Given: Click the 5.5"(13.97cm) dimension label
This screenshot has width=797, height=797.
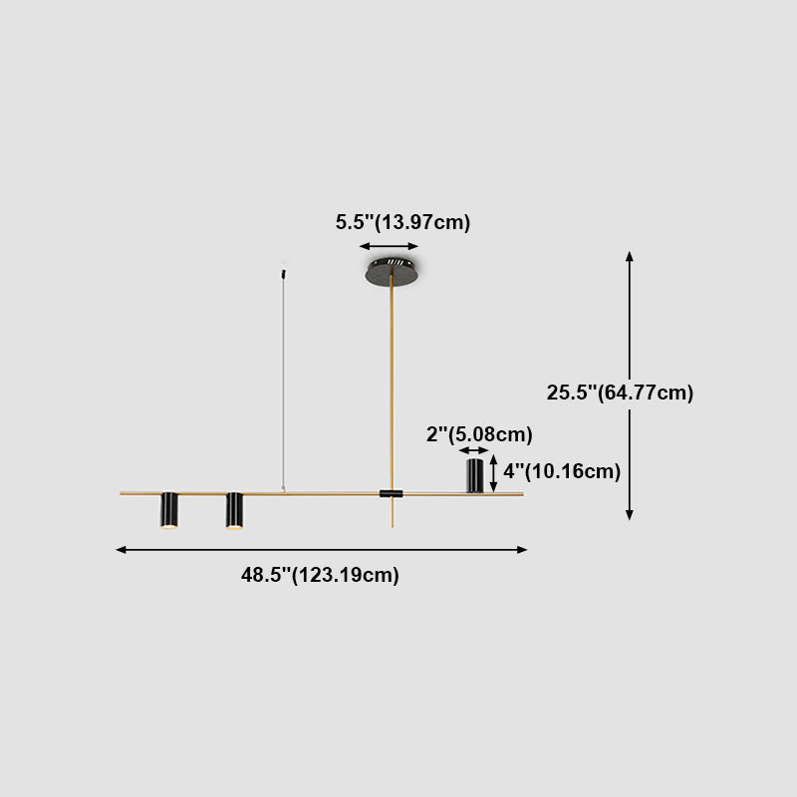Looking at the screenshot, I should pyautogui.click(x=402, y=222).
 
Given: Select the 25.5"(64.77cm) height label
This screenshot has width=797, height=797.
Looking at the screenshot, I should pyautogui.click(x=620, y=393).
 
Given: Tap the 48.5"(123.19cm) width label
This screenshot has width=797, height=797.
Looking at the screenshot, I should pyautogui.click(x=320, y=575).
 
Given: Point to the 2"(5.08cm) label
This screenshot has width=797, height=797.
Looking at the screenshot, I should pyautogui.click(x=479, y=434).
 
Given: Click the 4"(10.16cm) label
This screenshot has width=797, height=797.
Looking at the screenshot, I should pyautogui.click(x=562, y=471).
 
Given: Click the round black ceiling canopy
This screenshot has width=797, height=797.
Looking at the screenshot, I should pyautogui.click(x=392, y=269).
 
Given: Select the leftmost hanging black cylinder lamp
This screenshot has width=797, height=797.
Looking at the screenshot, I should pyautogui.click(x=169, y=510).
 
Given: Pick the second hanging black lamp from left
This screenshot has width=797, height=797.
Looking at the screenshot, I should pyautogui.click(x=234, y=510).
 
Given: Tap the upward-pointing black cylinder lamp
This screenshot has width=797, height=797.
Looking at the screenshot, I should pyautogui.click(x=475, y=475).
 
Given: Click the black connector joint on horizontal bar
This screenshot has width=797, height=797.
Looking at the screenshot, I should pyautogui.click(x=392, y=493).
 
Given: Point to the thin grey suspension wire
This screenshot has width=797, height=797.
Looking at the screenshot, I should pyautogui.click(x=284, y=379).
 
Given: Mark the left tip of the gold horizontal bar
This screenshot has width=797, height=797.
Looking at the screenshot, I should pyautogui.click(x=123, y=492).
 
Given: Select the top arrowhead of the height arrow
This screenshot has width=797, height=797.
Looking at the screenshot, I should pyautogui.click(x=630, y=256).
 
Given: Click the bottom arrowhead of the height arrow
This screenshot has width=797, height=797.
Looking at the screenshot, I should pyautogui.click(x=630, y=515).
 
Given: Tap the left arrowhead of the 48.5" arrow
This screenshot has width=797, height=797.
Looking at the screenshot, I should pyautogui.click(x=121, y=549).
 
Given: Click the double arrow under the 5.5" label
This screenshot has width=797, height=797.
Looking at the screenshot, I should pyautogui.click(x=390, y=246).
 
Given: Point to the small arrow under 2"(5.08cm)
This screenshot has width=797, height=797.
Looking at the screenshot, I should pyautogui.click(x=474, y=451).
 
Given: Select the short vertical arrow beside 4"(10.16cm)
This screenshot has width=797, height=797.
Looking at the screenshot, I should pyautogui.click(x=493, y=471).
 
